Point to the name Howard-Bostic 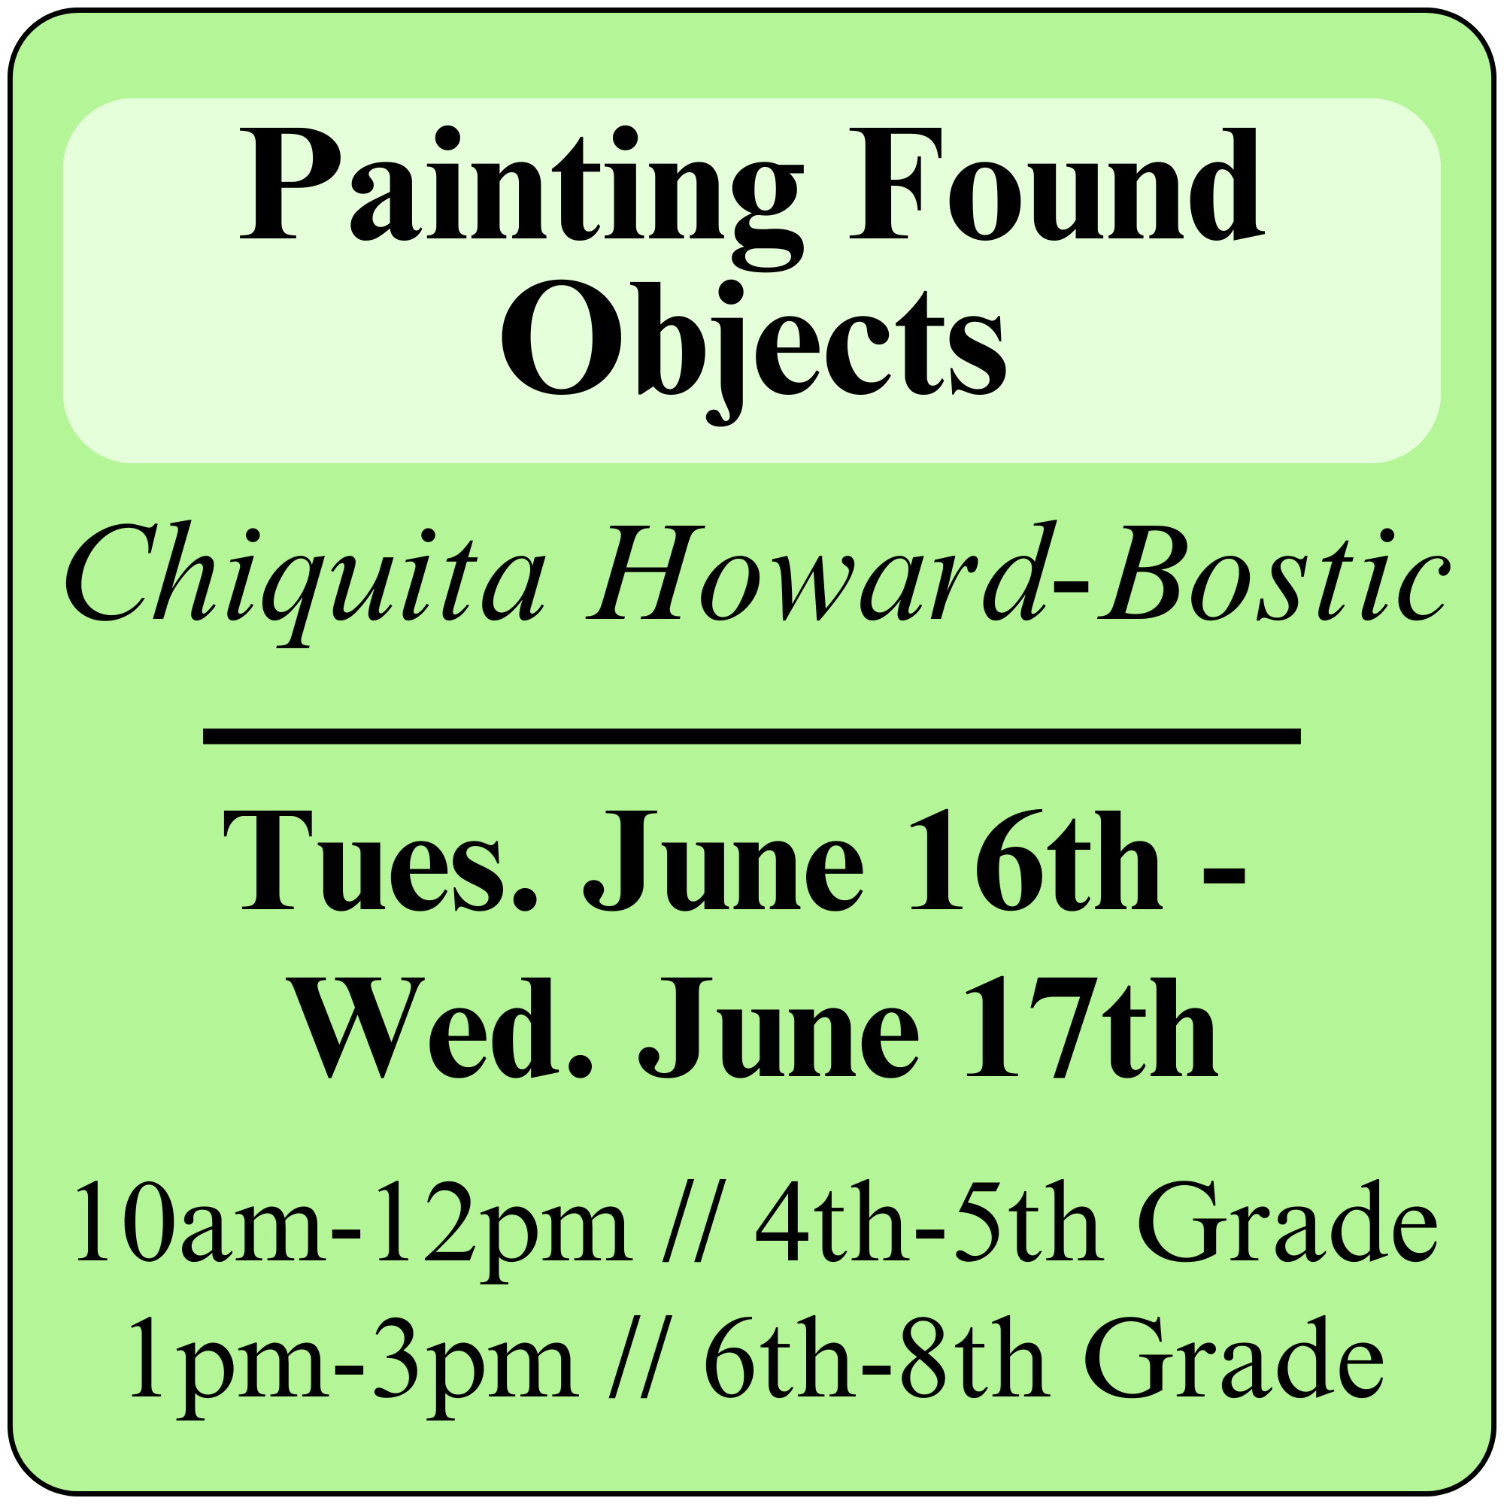pos(1017,572)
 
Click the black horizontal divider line pos(752,735)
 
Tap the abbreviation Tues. pos(381,861)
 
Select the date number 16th pos(1037,860)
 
